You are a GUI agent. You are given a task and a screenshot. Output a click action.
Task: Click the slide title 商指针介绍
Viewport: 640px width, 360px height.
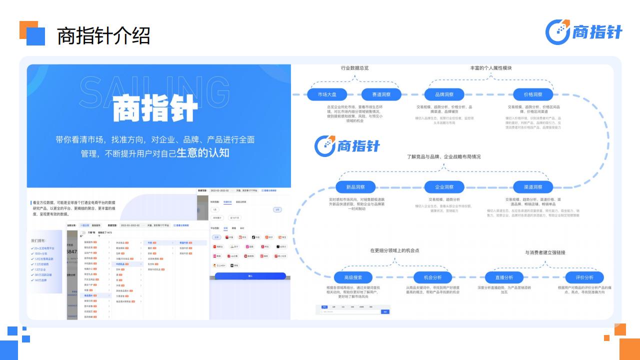coord(103,36)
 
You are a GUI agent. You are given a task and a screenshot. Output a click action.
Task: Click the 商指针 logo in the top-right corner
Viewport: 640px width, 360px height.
coord(583,32)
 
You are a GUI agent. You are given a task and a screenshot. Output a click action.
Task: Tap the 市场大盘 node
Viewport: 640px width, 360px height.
coord(327,94)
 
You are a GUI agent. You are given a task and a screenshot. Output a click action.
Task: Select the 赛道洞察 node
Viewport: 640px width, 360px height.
coord(381,94)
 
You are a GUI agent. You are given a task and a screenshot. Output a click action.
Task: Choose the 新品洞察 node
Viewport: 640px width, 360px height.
coord(355,187)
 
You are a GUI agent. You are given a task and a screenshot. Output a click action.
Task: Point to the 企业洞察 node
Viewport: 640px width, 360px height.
coord(444,187)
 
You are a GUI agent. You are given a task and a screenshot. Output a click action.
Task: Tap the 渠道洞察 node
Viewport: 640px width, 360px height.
coord(533,187)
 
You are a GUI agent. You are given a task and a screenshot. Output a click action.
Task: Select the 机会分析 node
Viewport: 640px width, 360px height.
coord(432,277)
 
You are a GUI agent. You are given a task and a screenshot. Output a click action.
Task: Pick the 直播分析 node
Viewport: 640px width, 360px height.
coord(504,277)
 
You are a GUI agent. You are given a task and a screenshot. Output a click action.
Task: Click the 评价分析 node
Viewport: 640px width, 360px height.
coord(584,277)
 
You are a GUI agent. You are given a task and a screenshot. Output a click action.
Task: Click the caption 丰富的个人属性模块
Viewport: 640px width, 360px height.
coord(490,68)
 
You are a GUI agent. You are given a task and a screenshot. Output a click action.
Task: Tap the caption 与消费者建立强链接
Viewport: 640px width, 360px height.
coord(545,252)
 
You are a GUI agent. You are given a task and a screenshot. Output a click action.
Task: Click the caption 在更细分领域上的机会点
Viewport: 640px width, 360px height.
coord(394,250)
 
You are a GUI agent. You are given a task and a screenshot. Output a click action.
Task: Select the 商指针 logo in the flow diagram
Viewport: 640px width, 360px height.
coord(347,145)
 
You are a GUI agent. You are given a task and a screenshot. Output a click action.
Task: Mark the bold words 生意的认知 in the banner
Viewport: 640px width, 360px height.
coord(203,153)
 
